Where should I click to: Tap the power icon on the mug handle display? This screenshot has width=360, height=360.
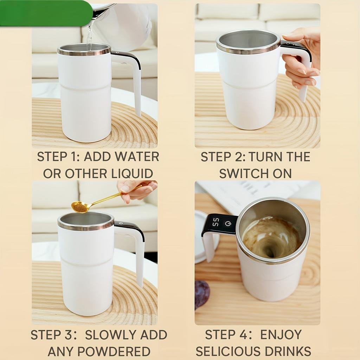pos(228,224)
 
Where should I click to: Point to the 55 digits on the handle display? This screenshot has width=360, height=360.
pos(216,222)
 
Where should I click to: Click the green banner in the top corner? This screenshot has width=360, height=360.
pos(46,13)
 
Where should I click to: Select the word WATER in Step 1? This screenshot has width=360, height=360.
pos(137,157)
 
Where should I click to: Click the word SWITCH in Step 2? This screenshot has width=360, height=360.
pos(244,174)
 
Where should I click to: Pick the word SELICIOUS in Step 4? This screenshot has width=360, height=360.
pos(228,352)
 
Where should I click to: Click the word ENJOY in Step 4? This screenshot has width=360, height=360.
pos(281,335)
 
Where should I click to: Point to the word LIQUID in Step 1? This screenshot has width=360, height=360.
pos(132,174)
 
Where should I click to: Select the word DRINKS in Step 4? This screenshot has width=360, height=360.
pos(288,352)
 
